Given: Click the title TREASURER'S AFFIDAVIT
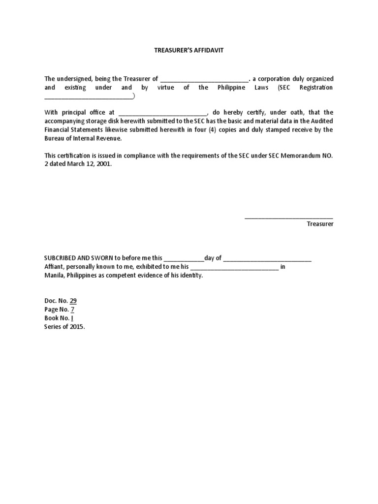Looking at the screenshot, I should pos(189,50).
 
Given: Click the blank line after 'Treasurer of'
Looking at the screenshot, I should pos(205,80).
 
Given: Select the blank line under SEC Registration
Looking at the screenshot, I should pos(89,97).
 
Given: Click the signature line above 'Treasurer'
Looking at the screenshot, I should pos(289,217).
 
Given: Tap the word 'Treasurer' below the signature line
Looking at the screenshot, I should pos(320,224).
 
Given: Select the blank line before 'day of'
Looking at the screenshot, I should pos(184,259).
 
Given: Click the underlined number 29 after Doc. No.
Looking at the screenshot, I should pos(73,300).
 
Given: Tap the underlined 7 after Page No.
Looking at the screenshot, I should pos(72,309).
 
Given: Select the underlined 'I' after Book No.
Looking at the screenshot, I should pos(72,318).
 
